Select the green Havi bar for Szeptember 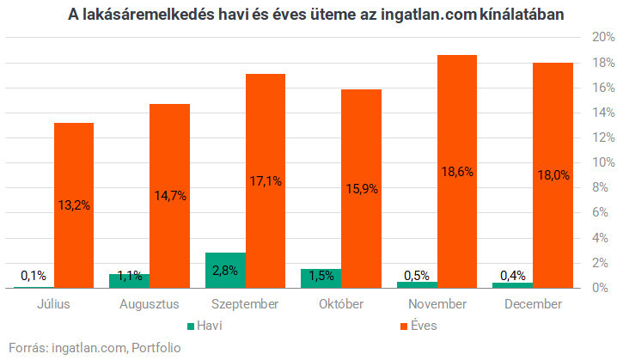coord(226,271)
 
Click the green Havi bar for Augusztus coord(130,282)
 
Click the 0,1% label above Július coord(34,276)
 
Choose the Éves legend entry coord(417,326)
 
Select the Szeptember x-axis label coord(245,304)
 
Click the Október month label coord(341,304)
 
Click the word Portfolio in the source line coord(156,348)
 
